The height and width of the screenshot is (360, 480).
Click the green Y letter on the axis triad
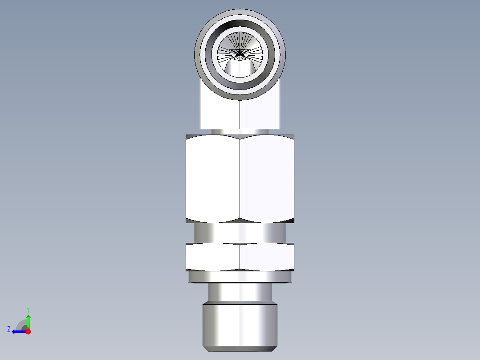coord(28,309)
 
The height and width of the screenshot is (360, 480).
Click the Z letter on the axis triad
coord(9,329)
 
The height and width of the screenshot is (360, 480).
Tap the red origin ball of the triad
coord(28,331)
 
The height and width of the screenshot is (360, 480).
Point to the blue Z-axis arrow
coord(18,331)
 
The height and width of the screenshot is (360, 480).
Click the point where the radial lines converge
coord(240,54)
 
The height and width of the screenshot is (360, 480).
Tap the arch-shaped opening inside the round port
coord(240,68)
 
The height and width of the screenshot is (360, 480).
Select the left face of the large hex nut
coord(213,178)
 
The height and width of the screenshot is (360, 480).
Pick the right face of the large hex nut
coord(267,178)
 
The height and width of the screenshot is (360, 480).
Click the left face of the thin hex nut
coord(213,258)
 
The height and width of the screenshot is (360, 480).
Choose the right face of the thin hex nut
coord(267,258)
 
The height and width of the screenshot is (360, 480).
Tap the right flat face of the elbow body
coord(260,114)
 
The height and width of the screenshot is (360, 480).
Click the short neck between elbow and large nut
coord(240,131)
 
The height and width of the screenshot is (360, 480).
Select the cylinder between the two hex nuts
coord(240,233)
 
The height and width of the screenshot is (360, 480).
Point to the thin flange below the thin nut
coord(240,277)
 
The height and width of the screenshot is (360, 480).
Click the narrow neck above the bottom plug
coord(240,292)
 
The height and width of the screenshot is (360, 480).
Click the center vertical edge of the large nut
coord(240,178)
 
